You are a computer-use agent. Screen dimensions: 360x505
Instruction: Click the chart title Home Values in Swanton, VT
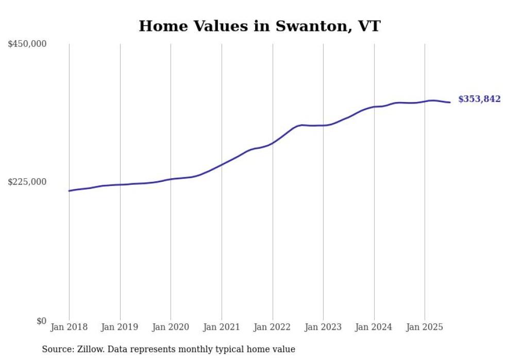click(259, 26)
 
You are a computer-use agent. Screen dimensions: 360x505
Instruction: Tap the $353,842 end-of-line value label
click(479, 99)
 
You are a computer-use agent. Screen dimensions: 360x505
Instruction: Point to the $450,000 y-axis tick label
click(27, 44)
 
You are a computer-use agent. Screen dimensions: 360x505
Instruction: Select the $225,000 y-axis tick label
click(27, 182)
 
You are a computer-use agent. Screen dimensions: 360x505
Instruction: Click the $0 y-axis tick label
click(41, 321)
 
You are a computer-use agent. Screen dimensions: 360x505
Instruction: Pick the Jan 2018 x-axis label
click(69, 327)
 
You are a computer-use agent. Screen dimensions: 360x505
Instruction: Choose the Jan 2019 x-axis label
click(120, 327)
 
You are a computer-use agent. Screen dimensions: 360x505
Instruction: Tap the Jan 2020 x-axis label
click(171, 327)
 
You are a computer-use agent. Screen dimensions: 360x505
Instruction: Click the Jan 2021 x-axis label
click(222, 327)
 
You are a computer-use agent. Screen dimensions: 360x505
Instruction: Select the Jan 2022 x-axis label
click(273, 327)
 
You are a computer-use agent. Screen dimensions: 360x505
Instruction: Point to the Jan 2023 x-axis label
click(323, 327)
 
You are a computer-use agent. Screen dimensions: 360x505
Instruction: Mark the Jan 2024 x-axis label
click(374, 327)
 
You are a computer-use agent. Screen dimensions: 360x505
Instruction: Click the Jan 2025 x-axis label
click(425, 327)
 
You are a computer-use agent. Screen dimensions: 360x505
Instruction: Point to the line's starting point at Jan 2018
click(69, 191)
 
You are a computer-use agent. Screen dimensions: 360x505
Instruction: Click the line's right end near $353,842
click(450, 102)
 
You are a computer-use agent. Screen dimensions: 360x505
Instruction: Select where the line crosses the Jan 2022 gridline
click(273, 143)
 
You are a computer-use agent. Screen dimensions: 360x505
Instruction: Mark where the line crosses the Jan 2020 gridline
click(171, 179)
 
